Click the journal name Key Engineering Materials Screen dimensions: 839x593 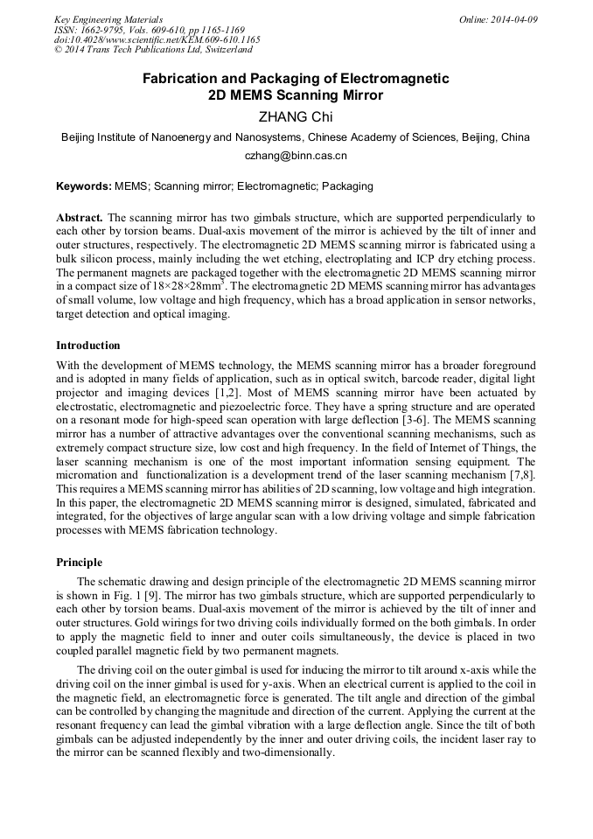point(108,19)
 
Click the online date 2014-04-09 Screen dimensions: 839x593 point(499,19)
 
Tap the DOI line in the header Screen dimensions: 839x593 point(157,40)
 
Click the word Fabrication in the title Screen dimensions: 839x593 point(181,79)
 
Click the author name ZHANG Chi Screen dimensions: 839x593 point(296,117)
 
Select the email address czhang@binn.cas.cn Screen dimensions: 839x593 point(296,156)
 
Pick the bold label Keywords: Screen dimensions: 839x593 point(83,186)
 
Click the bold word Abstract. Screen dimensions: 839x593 point(80,217)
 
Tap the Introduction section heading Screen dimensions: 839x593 point(87,346)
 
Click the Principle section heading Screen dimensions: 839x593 point(79,563)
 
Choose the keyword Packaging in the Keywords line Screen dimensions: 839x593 point(348,186)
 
